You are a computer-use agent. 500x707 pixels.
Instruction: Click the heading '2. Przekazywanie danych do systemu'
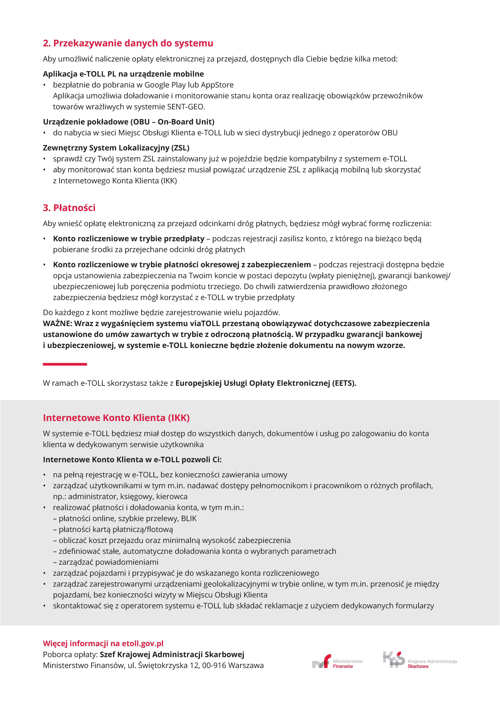pos(128,43)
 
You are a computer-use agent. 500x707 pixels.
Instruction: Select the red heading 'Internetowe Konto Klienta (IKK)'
pos(116,418)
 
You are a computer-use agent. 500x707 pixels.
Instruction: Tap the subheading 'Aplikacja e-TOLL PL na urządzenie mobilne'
pos(123,74)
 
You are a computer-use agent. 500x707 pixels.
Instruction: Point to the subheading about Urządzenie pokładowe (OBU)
pos(129,122)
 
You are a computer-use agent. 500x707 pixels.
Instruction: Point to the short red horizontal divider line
pos(65,364)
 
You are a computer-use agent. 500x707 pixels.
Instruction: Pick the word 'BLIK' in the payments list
pos(189,519)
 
